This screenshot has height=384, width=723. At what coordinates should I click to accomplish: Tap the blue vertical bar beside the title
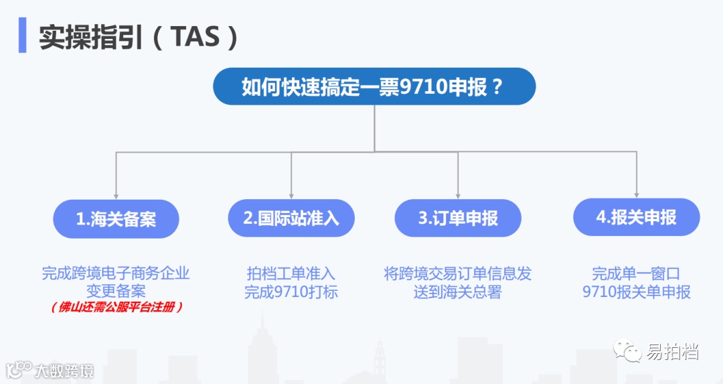22,35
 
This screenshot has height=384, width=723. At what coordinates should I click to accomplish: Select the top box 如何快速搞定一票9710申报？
374,86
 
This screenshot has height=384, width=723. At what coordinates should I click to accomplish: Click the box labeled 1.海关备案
116,218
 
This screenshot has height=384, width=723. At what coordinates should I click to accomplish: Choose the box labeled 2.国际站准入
291,218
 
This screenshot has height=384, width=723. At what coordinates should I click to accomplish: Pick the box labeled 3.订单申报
458,218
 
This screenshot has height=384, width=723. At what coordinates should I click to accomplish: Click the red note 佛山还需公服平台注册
116,308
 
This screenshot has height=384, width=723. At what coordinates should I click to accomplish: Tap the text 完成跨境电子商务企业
116,273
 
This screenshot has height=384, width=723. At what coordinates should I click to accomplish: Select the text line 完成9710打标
291,292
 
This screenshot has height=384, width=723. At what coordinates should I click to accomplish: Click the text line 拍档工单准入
291,273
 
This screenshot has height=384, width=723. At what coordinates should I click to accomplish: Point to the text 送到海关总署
458,292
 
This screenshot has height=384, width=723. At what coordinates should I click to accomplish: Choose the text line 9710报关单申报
636,292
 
